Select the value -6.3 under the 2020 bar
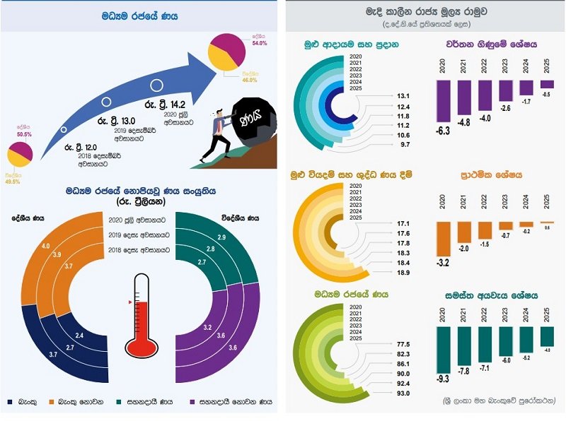[444, 131]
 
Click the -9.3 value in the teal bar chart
[444, 379]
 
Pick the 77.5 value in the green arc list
[404, 344]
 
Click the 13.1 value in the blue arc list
[404, 95]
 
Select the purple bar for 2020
[444, 100]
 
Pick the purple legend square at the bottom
[195, 402]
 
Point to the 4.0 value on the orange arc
[45, 246]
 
